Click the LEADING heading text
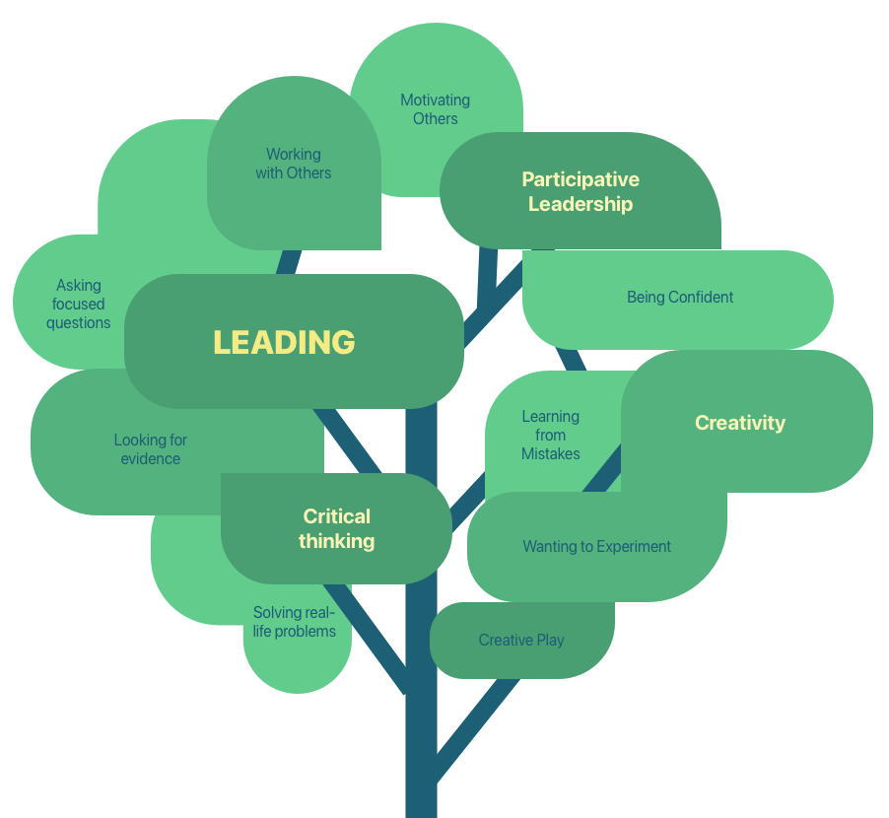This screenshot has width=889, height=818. point(284,342)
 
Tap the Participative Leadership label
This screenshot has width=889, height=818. point(581,192)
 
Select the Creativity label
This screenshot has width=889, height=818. point(740,423)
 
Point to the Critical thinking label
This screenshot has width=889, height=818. point(337,528)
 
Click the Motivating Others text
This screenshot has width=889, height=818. point(435,109)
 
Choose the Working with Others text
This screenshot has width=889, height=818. point(294,164)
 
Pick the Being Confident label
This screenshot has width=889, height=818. point(680,297)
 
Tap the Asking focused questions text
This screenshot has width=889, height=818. point(79,304)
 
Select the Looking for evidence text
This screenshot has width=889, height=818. point(151,449)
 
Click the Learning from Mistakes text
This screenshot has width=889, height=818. point(551,435)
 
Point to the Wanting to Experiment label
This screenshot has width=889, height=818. point(596,546)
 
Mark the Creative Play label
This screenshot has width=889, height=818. point(521,640)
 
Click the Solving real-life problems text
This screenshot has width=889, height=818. point(294,622)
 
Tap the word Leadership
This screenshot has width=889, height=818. point(581,205)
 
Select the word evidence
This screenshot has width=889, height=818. point(151,459)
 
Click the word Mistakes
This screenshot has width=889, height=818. point(551,453)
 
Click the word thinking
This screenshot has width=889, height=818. point(337,541)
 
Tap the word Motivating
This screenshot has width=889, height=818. point(435,100)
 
